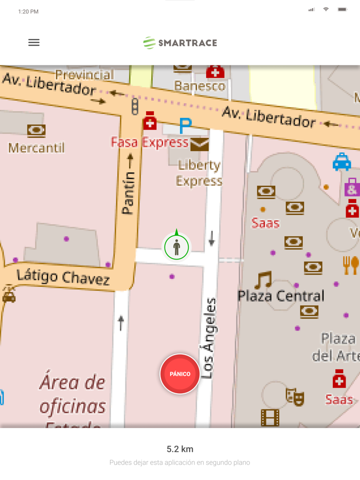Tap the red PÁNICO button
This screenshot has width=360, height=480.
point(180,374)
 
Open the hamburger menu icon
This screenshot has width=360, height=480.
point(34,43)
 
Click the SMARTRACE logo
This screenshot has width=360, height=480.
point(180,43)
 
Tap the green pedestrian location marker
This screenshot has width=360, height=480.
point(176,247)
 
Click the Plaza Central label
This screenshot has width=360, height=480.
point(281,296)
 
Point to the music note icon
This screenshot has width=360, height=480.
point(263,280)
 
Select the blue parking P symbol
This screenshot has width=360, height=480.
point(185,125)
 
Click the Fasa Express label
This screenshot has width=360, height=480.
point(150,142)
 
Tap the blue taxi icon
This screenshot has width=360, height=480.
point(341,162)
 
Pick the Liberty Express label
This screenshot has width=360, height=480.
point(199,173)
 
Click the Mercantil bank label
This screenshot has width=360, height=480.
point(37,149)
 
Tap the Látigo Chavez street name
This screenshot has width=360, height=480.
point(63,277)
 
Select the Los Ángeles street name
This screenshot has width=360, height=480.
point(208,338)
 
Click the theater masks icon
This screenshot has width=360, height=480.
point(295,397)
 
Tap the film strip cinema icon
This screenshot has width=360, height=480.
point(270,417)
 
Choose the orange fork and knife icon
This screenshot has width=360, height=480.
point(351,265)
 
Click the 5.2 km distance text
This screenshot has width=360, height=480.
point(180,449)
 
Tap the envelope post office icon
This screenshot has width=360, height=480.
point(200,144)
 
